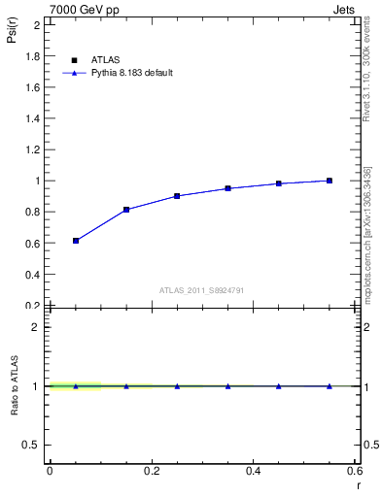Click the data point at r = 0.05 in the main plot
coord(76,241)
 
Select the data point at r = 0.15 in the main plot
coord(126,210)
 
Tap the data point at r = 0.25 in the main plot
coord(177,196)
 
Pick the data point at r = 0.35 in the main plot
coord(228,188)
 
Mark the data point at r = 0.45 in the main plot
coord(279,183)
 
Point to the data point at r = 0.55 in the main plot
coord(330,181)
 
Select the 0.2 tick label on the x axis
coord(152,470)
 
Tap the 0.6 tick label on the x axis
coord(354,470)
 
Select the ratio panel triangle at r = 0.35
coord(228,386)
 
